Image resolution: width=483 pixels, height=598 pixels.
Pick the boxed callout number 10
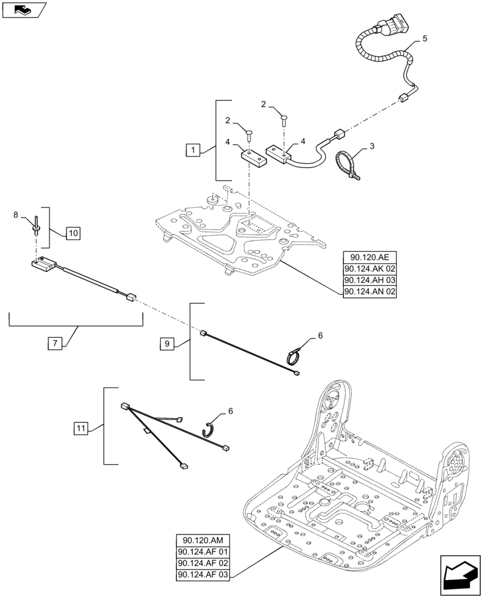pyautogui.click(x=72, y=233)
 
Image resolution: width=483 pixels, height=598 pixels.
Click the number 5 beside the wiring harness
pyautogui.click(x=424, y=38)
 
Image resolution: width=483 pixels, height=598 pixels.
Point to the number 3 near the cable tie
pyautogui.click(x=373, y=145)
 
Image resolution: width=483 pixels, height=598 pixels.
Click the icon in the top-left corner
pyautogui.click(x=23, y=10)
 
